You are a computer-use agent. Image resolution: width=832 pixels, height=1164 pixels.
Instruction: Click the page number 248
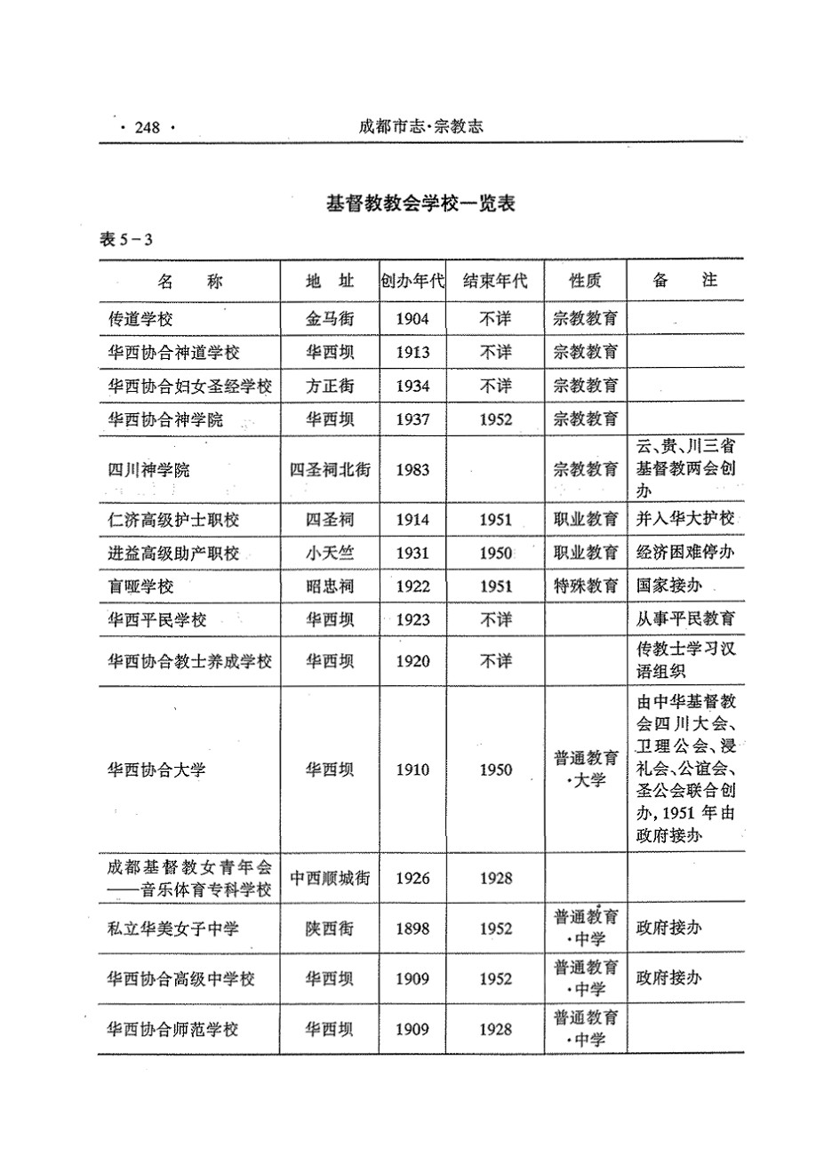click(x=147, y=128)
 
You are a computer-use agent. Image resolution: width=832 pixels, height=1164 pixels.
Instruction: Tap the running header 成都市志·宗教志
click(x=420, y=126)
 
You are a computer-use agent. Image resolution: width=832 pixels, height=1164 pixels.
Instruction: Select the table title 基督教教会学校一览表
click(x=420, y=203)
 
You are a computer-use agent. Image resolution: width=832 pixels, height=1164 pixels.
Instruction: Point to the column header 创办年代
click(x=412, y=282)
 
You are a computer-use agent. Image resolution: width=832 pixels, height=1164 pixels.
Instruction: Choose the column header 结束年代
click(x=495, y=282)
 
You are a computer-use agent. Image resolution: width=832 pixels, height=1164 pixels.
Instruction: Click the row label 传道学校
click(x=140, y=319)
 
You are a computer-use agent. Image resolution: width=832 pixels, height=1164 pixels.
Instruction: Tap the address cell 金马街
click(x=330, y=319)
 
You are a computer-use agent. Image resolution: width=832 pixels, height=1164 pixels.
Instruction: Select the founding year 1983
click(x=412, y=468)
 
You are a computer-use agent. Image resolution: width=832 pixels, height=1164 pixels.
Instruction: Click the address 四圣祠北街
click(x=330, y=469)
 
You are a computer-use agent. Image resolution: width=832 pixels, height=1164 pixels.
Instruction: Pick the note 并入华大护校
click(x=685, y=519)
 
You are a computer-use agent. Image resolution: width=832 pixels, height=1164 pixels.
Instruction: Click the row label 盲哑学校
click(x=140, y=586)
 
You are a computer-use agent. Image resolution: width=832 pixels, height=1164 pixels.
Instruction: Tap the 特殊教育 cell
click(x=585, y=586)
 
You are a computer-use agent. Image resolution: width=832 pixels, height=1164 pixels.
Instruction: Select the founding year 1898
click(x=412, y=929)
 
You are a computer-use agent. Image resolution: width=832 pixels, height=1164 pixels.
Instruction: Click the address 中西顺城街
click(x=330, y=879)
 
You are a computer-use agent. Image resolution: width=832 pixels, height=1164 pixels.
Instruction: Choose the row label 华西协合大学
click(x=156, y=769)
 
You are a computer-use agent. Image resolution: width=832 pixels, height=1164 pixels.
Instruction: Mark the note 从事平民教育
click(x=685, y=619)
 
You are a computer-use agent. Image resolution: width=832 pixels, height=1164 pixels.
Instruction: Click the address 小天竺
click(x=330, y=553)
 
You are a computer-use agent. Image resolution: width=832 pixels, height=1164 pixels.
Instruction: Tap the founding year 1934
click(x=412, y=386)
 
